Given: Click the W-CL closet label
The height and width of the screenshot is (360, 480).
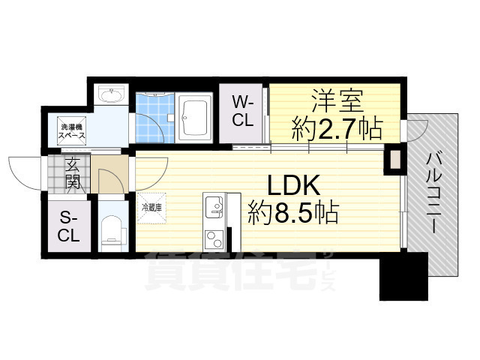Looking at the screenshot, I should pos(241,110).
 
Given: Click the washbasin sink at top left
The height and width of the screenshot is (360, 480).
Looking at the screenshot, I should pos(112,95).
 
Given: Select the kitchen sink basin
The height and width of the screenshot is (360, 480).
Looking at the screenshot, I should pos(214,205).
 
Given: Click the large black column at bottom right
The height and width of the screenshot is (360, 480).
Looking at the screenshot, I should pos(402,278).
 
